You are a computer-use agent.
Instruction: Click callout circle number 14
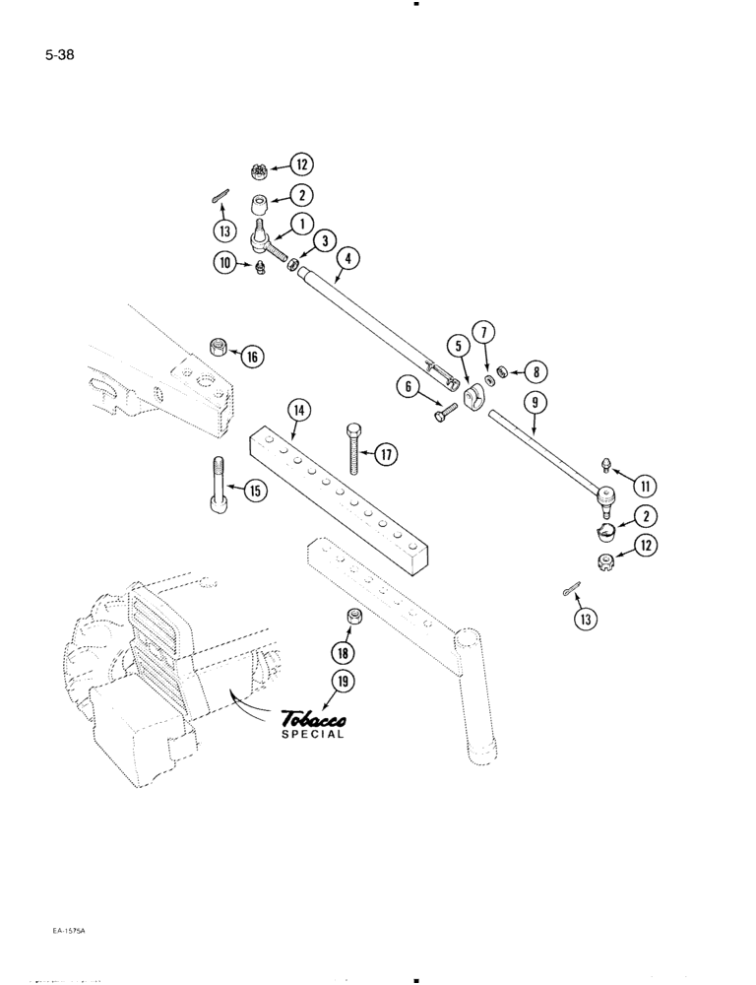tap(296, 409)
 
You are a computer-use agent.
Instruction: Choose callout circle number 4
tap(346, 258)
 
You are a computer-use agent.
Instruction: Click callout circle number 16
tap(252, 357)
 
